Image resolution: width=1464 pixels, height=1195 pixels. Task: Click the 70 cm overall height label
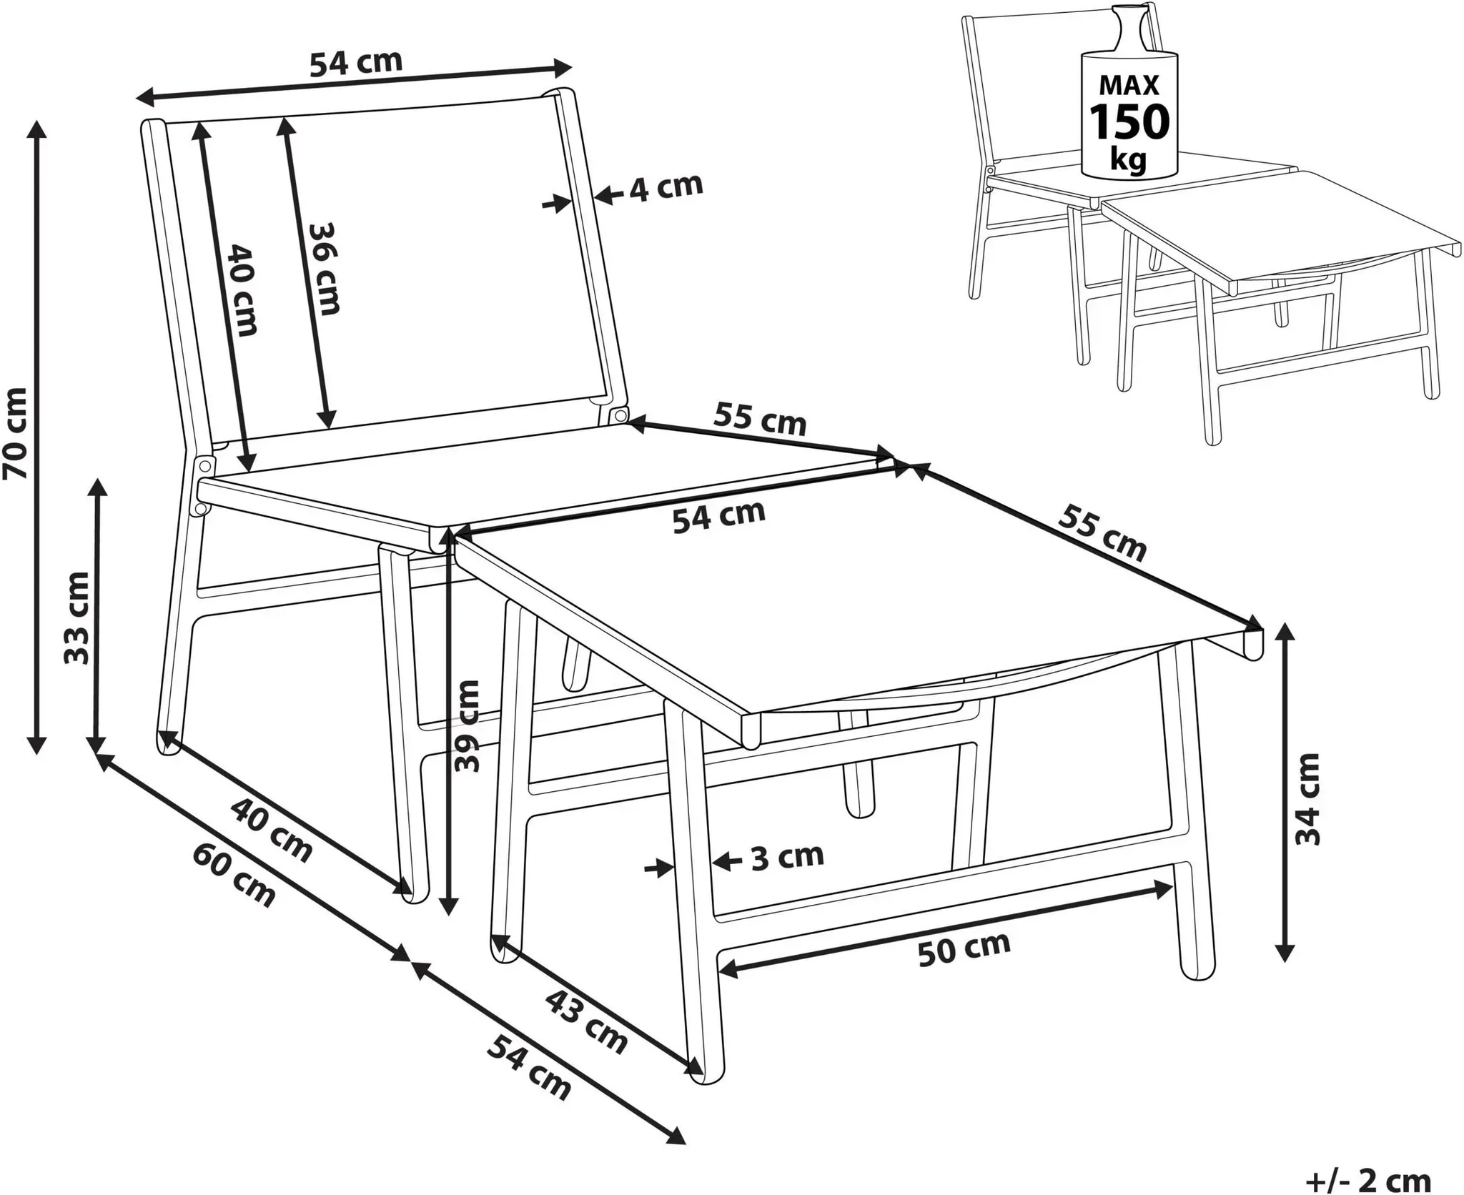pyautogui.click(x=16, y=432)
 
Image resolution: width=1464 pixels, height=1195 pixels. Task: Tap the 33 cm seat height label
pyautogui.click(x=77, y=618)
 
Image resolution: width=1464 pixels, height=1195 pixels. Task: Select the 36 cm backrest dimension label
pyautogui.click(x=324, y=268)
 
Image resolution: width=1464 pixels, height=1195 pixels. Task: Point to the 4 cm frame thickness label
pyautogui.click(x=666, y=187)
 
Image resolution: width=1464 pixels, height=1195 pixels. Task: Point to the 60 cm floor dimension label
pyautogui.click(x=234, y=876)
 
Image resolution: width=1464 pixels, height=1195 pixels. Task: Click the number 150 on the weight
pyautogui.click(x=1129, y=122)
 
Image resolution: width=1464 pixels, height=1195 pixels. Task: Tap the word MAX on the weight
pyautogui.click(x=1129, y=85)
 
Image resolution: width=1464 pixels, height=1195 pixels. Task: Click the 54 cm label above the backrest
pyautogui.click(x=356, y=63)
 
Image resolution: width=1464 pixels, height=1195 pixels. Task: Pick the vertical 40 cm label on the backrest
pyautogui.click(x=242, y=290)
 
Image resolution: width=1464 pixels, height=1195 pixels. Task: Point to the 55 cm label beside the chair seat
pyautogui.click(x=760, y=419)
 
